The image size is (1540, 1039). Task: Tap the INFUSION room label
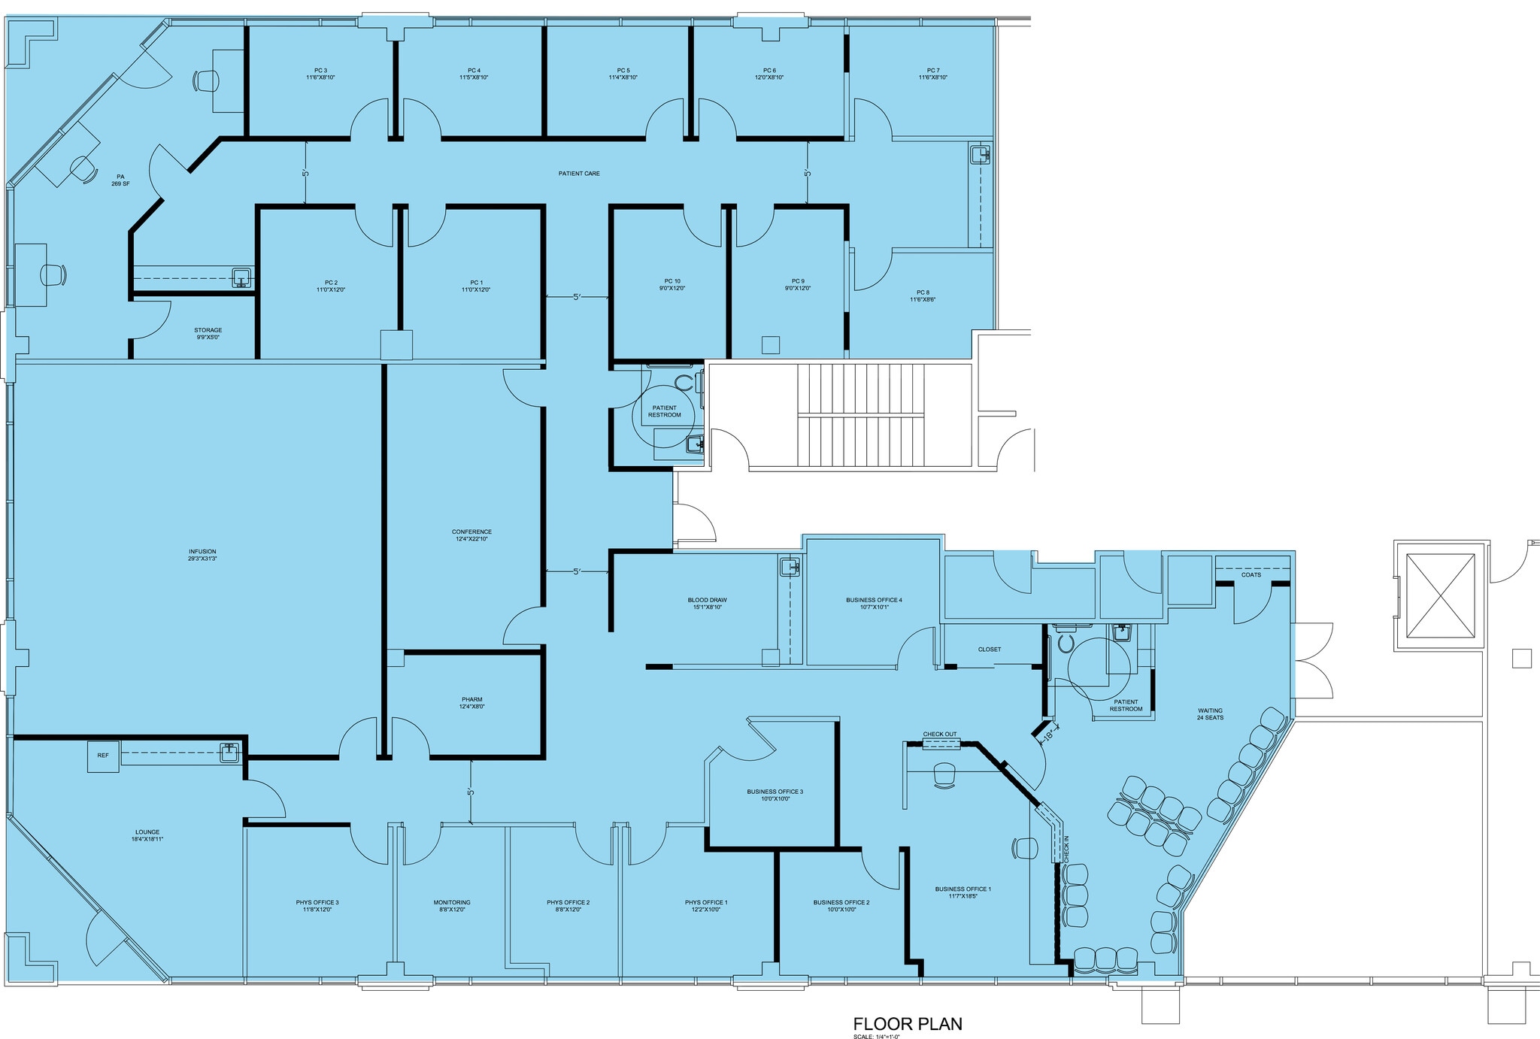(x=202, y=555)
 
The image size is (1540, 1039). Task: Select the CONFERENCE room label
(x=471, y=535)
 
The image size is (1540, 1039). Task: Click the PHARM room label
(x=471, y=703)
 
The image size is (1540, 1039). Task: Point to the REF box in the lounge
(x=103, y=756)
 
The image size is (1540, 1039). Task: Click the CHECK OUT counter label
(x=940, y=735)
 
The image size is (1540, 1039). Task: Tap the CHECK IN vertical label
(x=1066, y=848)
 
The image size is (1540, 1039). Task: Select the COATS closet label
(x=1251, y=575)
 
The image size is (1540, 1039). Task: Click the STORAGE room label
(x=208, y=333)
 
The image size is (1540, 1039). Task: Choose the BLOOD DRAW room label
(x=707, y=603)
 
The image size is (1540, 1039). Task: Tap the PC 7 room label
(x=932, y=74)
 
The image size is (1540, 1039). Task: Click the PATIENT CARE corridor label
(x=579, y=174)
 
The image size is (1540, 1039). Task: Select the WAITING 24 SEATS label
(x=1210, y=713)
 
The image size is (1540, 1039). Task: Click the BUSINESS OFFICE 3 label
(x=775, y=795)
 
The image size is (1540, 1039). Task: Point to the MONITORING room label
(x=452, y=905)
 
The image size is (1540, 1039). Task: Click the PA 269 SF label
(x=120, y=180)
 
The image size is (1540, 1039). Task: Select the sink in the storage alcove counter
(x=241, y=277)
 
